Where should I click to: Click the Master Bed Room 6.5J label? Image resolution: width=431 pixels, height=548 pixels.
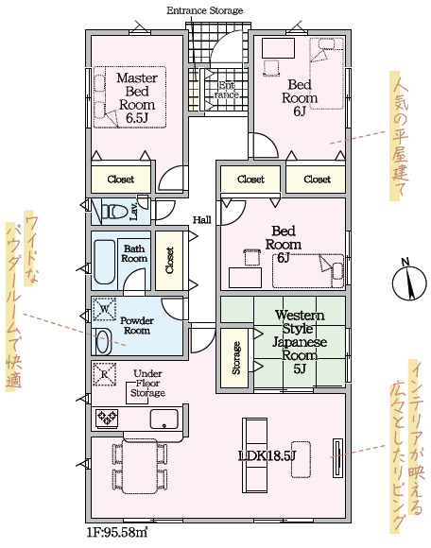[137, 97]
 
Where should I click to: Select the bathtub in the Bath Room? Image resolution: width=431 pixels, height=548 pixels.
[105, 262]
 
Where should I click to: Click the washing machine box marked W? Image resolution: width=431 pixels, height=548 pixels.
[105, 309]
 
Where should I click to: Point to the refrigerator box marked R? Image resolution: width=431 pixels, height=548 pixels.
[105, 374]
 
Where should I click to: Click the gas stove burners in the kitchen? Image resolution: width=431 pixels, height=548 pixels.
[108, 418]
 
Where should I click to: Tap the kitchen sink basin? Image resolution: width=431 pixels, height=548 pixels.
[164, 419]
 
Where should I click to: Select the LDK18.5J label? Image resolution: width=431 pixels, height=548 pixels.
[267, 455]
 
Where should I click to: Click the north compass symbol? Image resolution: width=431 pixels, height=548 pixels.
[409, 282]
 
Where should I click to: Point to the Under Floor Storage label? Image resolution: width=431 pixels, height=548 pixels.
[147, 383]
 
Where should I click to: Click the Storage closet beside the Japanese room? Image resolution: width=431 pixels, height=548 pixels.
[234, 358]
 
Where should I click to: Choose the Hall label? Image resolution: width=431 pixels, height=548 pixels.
[202, 220]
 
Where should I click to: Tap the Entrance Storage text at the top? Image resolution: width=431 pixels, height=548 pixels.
[204, 10]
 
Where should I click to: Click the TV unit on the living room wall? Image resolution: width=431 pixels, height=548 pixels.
[337, 457]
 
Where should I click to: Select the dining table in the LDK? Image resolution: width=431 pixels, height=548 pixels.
[140, 467]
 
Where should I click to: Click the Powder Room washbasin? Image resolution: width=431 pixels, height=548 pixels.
[103, 341]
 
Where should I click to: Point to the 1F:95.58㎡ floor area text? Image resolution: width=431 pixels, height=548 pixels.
[117, 533]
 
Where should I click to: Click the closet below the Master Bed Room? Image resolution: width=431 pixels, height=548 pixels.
[121, 180]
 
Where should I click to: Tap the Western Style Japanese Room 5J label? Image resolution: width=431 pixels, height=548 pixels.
[300, 342]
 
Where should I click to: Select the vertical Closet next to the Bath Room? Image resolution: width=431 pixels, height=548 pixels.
[169, 261]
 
